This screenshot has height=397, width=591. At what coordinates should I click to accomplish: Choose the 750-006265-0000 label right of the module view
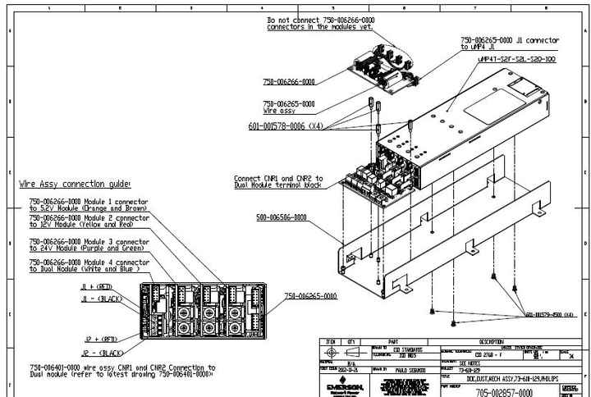click(x=311, y=295)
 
